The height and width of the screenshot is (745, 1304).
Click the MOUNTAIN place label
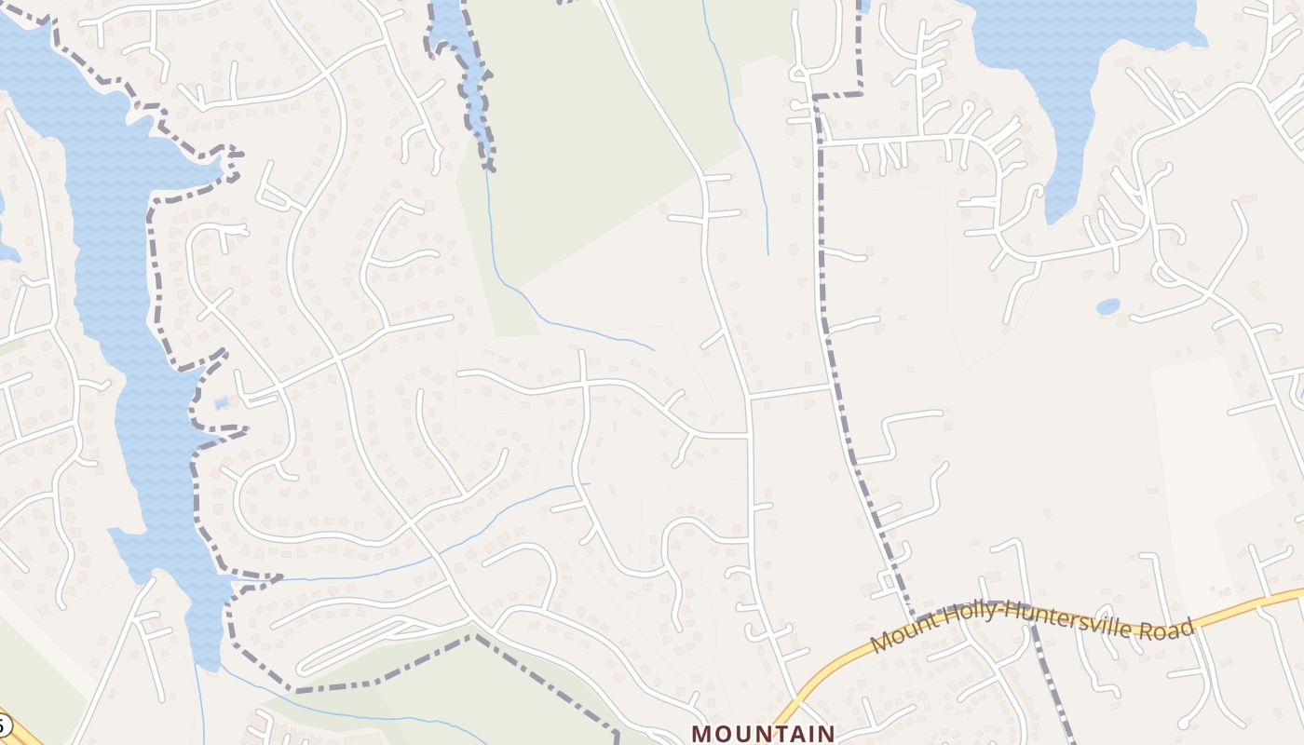pos(763,733)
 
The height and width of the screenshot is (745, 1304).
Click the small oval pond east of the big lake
pos(1107,305)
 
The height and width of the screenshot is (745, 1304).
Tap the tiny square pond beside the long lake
pos(221,403)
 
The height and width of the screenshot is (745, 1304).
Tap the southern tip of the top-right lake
pos(1053,220)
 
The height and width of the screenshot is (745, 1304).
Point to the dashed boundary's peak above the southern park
pos(476,637)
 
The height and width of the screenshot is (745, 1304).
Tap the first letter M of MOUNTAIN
pos(701,734)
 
